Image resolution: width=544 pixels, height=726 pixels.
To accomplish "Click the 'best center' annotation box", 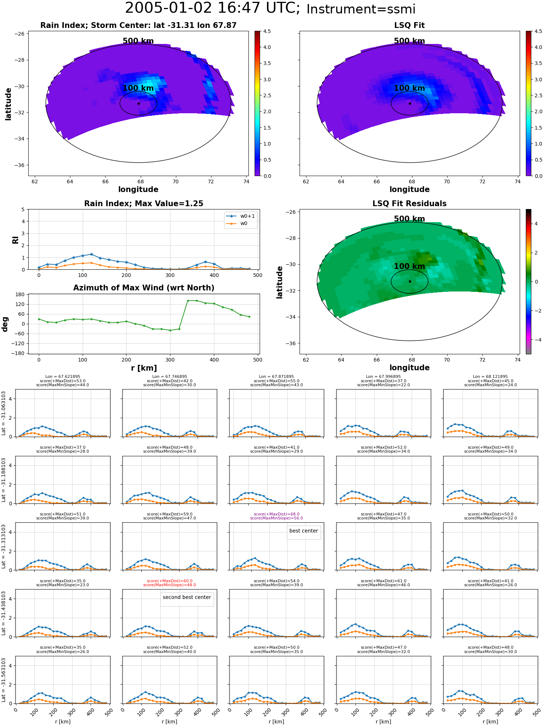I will (304, 531).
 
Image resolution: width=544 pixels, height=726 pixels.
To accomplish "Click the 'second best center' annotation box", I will (187, 597).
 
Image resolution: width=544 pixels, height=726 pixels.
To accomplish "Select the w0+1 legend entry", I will (241, 216).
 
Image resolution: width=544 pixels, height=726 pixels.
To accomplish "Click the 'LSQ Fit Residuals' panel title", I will (409, 204).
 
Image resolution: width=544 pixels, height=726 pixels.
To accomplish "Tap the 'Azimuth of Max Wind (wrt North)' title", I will (144, 288).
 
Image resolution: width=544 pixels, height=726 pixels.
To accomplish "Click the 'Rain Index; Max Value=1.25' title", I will (144, 204).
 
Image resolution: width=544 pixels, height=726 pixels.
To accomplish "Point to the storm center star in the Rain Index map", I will (139, 103).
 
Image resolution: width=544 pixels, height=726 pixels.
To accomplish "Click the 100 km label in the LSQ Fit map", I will (409, 88).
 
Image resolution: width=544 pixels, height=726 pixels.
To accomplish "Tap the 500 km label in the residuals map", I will (409, 219).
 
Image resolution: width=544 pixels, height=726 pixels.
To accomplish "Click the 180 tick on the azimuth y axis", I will (20, 294).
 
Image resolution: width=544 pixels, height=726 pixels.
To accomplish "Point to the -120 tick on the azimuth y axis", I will (19, 343).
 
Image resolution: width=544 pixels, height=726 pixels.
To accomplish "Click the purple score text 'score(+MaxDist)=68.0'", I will (276, 514).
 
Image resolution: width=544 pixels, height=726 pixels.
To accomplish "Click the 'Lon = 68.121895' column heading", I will (490, 377).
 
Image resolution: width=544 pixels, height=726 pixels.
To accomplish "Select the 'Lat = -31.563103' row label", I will (4, 680).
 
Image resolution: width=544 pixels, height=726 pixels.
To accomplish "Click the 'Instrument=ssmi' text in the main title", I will (361, 9).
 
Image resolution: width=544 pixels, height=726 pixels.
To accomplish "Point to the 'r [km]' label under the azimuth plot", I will (144, 368).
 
